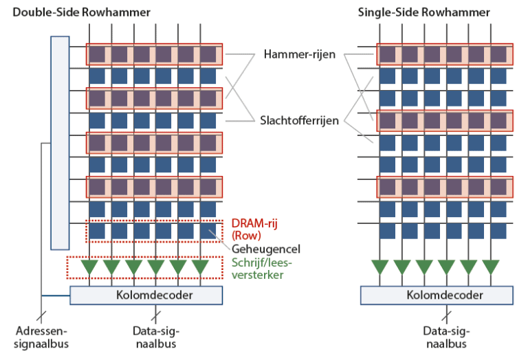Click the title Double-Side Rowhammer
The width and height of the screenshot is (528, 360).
click(x=82, y=12)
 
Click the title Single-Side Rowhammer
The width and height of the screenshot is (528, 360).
click(x=424, y=12)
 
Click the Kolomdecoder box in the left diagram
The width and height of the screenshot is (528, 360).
click(x=146, y=295)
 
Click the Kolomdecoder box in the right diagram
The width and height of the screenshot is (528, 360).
click(x=436, y=295)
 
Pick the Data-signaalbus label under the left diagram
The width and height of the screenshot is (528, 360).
click(x=156, y=337)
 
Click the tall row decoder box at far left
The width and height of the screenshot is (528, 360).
click(x=60, y=142)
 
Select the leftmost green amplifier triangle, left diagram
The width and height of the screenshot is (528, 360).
click(x=89, y=267)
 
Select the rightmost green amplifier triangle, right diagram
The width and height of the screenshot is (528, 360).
click(x=491, y=267)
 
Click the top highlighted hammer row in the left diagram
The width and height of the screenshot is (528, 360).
click(x=154, y=54)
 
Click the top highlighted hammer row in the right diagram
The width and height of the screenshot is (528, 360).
click(x=444, y=54)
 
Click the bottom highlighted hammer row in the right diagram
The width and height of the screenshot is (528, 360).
click(x=444, y=186)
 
